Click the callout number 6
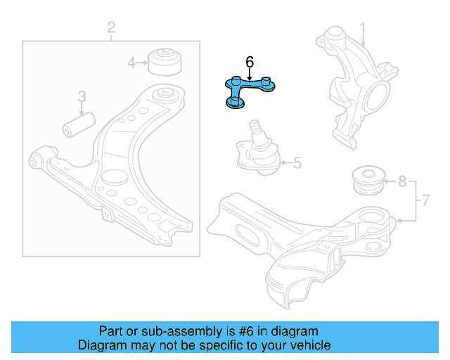point(250,62)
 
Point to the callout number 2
point(111,28)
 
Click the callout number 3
point(82,96)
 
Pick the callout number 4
point(131,63)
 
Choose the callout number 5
point(297,164)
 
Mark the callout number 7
point(423,201)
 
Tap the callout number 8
point(402,182)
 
